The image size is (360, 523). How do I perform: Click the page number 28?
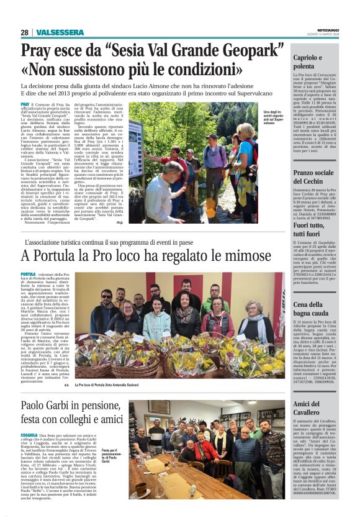point(24,32)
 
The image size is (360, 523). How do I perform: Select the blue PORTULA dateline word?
point(28,273)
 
